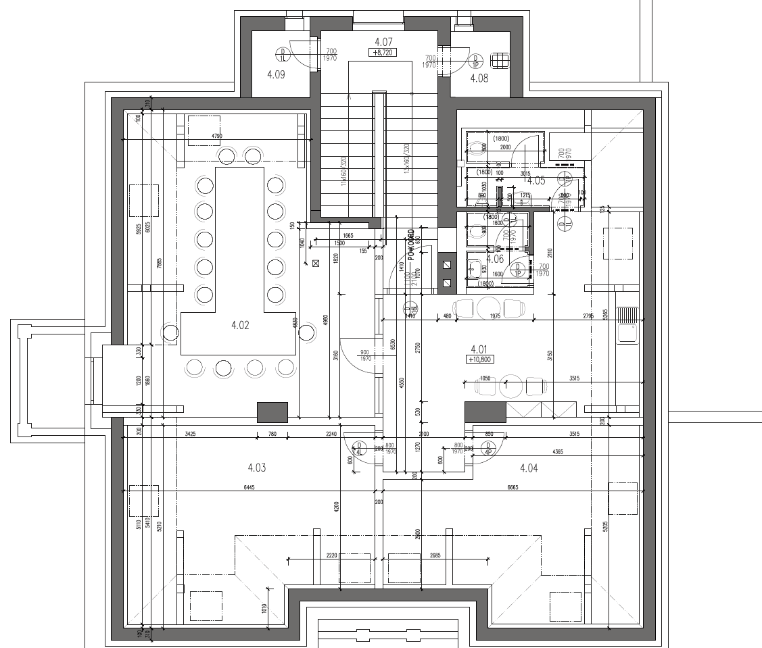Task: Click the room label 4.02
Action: pyautogui.click(x=240, y=325)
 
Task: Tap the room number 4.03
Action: pyautogui.click(x=257, y=467)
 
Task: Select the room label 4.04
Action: pyautogui.click(x=529, y=467)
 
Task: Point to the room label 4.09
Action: pyautogui.click(x=276, y=75)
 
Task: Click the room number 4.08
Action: pyautogui.click(x=479, y=78)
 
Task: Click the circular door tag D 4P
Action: pyautogui.click(x=486, y=447)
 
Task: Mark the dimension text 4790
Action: pyautogui.click(x=216, y=136)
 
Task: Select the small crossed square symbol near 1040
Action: pyautogui.click(x=315, y=264)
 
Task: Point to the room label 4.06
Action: pyautogui.click(x=495, y=259)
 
